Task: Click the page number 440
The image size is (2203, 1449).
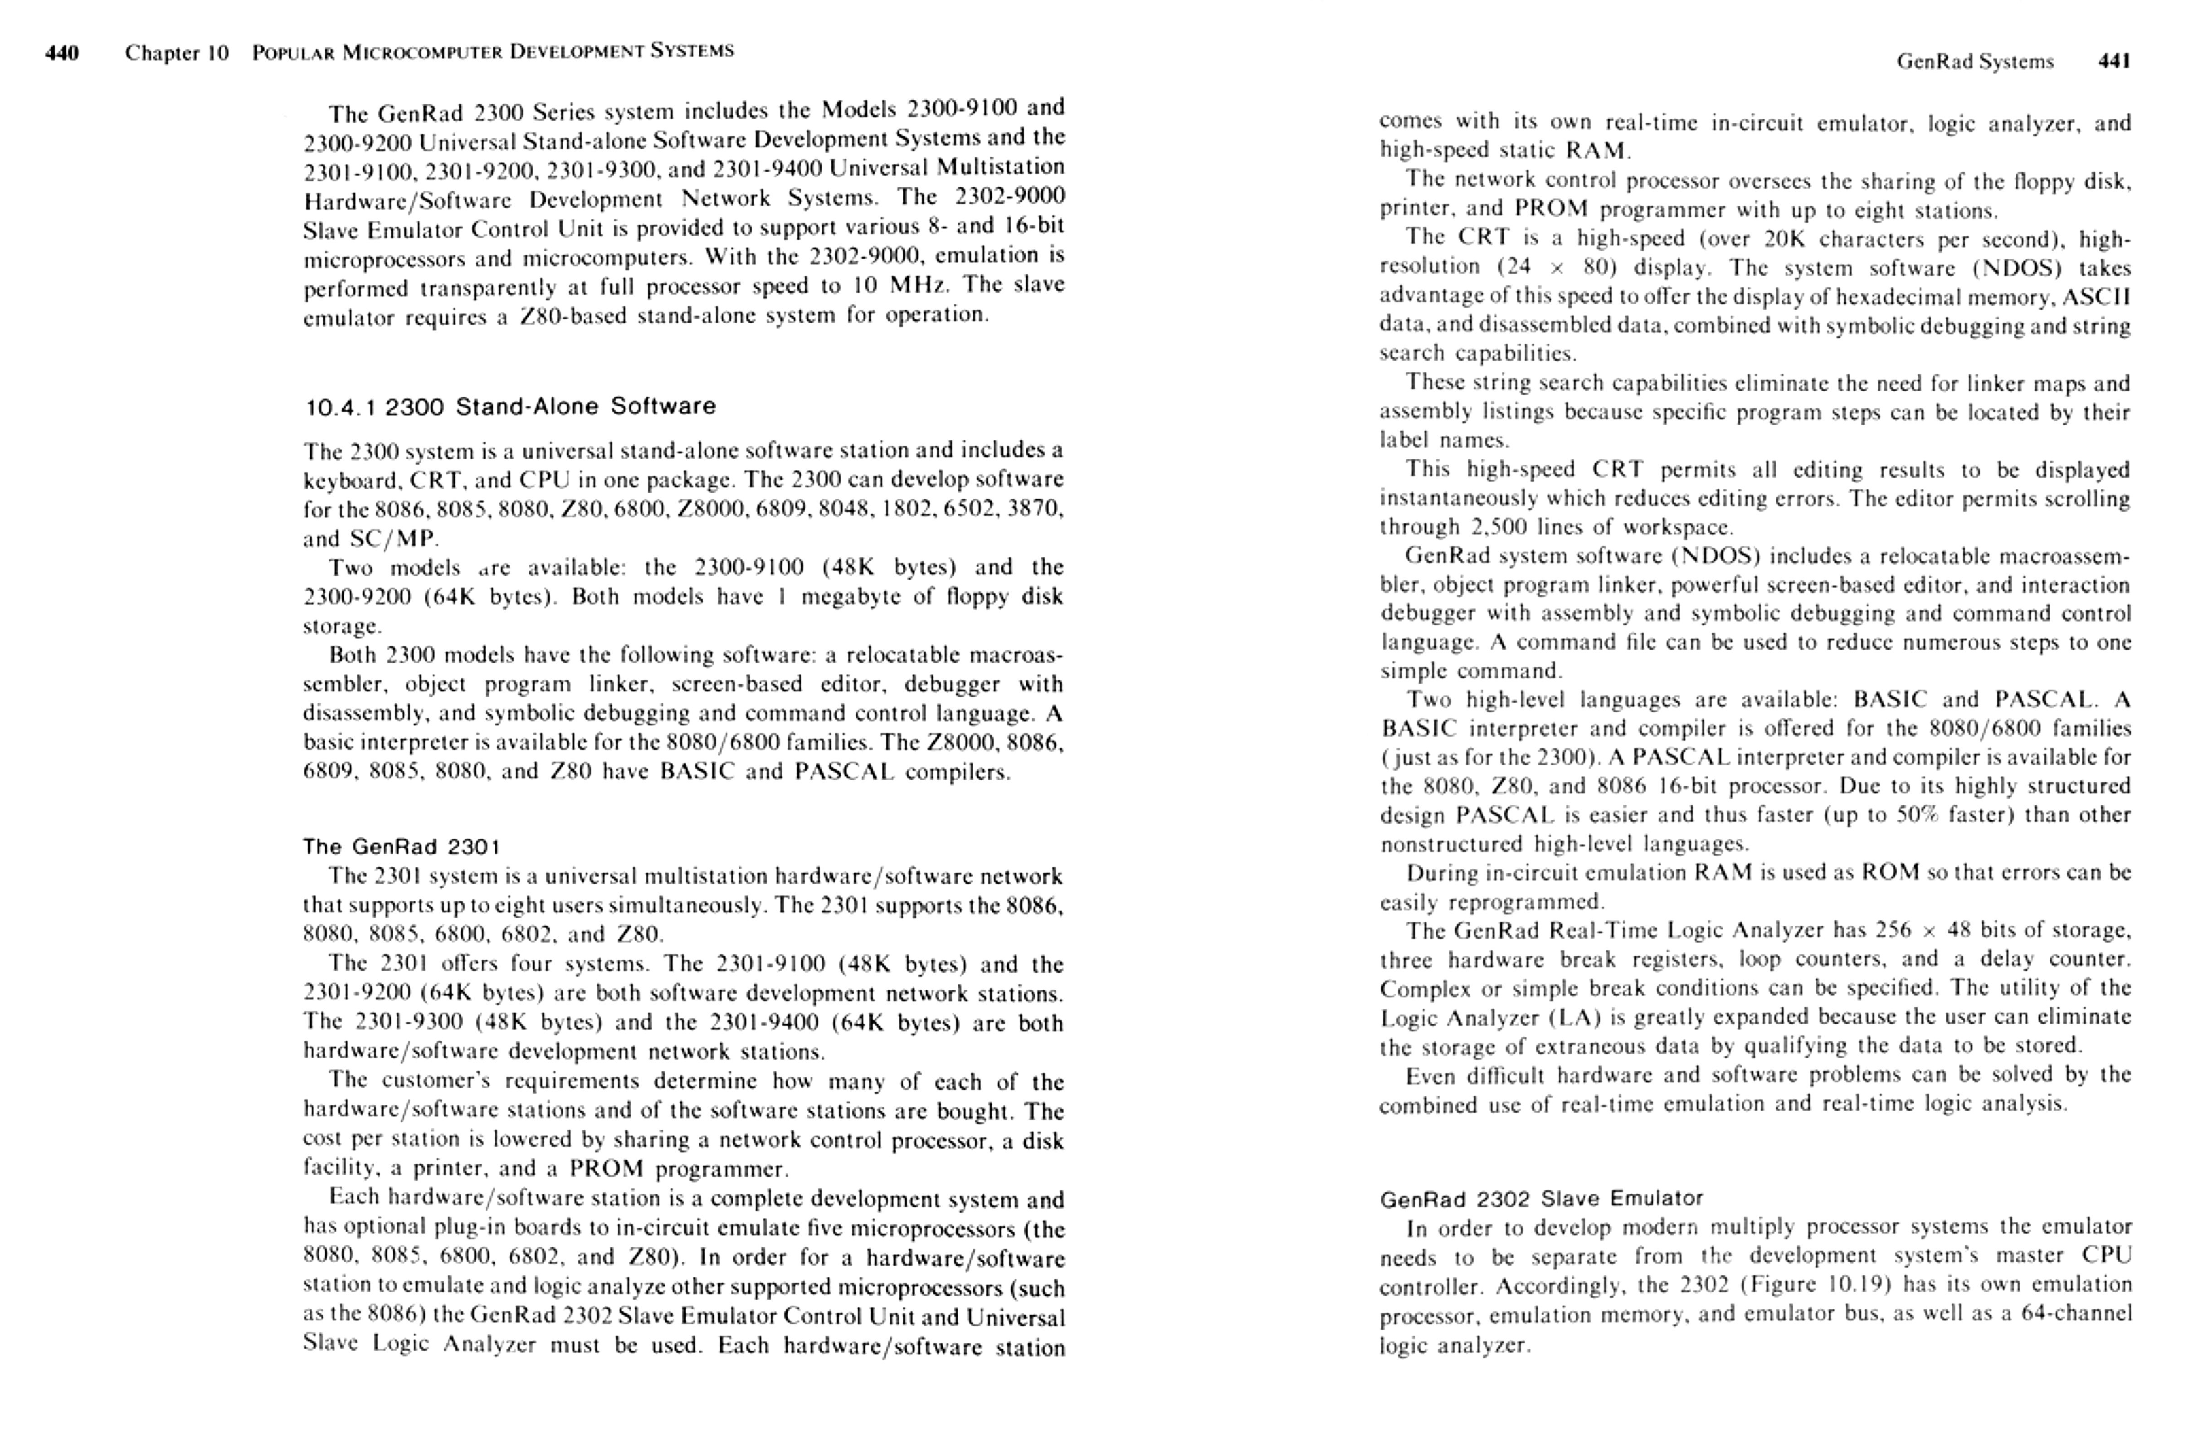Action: [x=62, y=53]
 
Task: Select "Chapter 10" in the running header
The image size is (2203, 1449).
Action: [x=177, y=53]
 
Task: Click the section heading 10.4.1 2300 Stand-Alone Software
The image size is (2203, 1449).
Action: [x=510, y=406]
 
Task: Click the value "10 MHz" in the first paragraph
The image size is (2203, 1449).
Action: [x=902, y=286]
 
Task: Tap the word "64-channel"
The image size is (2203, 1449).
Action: [x=2076, y=1314]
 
